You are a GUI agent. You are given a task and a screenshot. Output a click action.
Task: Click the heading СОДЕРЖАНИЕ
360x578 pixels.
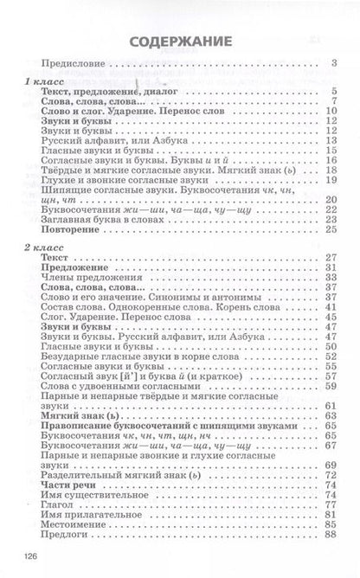click(180, 41)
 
